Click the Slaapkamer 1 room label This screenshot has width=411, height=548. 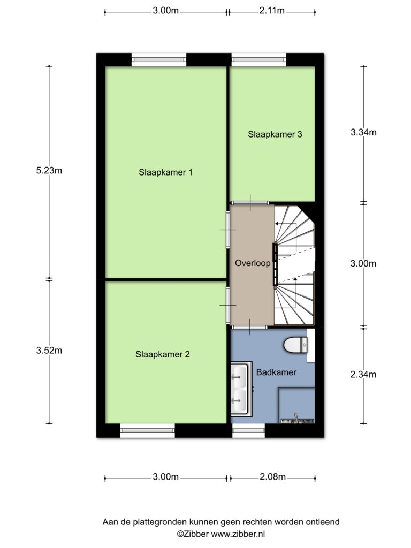click(165, 172)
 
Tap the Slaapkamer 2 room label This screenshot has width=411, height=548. click(163, 354)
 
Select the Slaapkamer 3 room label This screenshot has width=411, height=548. click(275, 134)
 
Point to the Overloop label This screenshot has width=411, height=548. click(253, 263)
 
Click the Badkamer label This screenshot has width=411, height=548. click(276, 372)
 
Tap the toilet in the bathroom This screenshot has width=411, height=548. click(295, 345)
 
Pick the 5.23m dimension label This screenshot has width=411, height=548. click(49, 171)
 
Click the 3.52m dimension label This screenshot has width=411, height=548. click(49, 350)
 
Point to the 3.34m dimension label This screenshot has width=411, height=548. click(363, 132)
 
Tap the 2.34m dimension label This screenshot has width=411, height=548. click(363, 375)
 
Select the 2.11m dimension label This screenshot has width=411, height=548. click(272, 11)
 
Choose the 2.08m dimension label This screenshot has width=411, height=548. click(272, 477)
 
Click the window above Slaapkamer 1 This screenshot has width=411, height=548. click(158, 60)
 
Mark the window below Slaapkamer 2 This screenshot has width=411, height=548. click(148, 430)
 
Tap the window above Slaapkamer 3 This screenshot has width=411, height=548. click(259, 60)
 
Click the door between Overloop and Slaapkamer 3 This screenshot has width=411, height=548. click(250, 203)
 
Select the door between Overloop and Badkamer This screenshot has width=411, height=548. click(249, 327)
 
